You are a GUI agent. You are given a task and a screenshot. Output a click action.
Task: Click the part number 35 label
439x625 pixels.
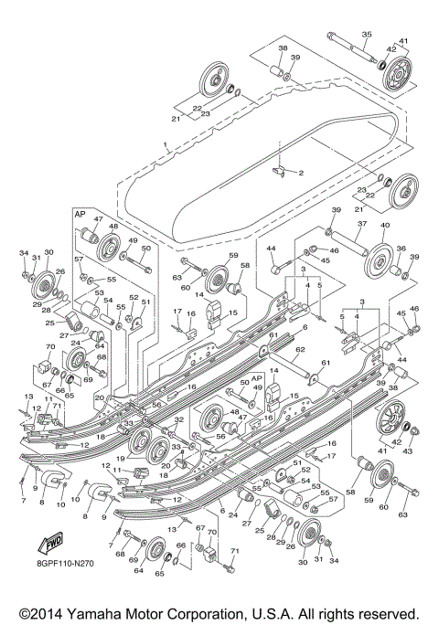pyautogui.click(x=365, y=35)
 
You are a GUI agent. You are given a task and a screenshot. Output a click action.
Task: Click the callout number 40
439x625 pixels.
pyautogui.click(x=385, y=225)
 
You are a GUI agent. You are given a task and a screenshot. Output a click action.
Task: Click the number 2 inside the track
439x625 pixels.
pyautogui.click(x=300, y=173)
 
